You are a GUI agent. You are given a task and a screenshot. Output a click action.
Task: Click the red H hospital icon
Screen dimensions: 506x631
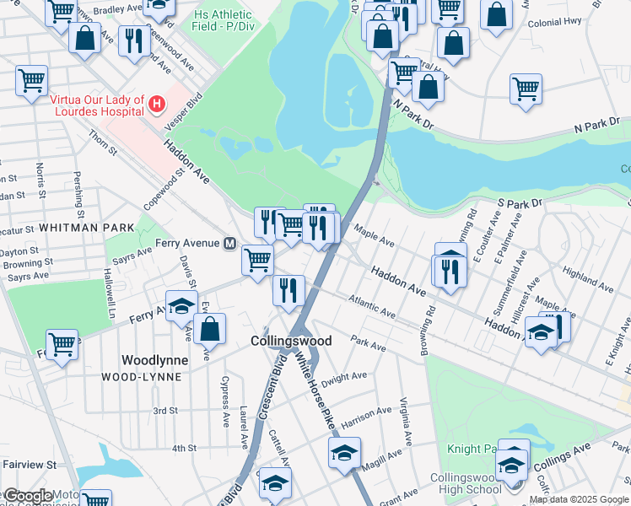click(x=155, y=104)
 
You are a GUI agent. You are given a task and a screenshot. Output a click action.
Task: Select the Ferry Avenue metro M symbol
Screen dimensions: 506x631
click(x=229, y=243)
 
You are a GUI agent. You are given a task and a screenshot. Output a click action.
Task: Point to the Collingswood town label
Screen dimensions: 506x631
click(x=291, y=341)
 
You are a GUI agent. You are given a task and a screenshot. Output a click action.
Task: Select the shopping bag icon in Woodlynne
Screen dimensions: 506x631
click(x=210, y=328)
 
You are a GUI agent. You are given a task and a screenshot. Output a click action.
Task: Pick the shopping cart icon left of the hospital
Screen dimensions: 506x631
click(x=31, y=81)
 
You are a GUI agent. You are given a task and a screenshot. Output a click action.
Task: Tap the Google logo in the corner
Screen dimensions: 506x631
click(x=28, y=496)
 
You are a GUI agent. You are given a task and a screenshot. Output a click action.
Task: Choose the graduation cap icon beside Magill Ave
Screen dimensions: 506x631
click(x=344, y=453)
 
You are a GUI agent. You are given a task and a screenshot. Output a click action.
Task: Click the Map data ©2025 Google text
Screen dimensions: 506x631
click(x=579, y=499)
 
